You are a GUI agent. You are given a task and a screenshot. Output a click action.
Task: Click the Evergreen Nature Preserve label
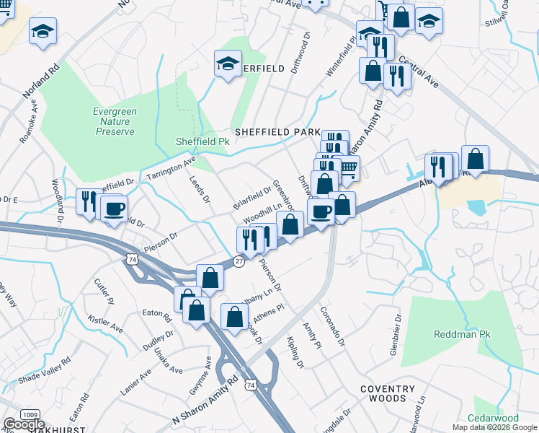click(114, 121)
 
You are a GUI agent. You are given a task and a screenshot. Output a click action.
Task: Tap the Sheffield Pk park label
click(202, 141)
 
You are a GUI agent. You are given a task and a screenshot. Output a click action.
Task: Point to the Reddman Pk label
click(462, 335)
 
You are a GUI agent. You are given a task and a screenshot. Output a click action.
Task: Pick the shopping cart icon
click(348, 168)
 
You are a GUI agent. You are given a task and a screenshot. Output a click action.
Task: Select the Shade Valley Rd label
click(45, 369)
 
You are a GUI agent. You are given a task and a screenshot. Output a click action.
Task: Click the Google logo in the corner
click(24, 424)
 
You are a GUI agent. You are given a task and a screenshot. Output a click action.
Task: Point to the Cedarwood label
click(493, 419)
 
